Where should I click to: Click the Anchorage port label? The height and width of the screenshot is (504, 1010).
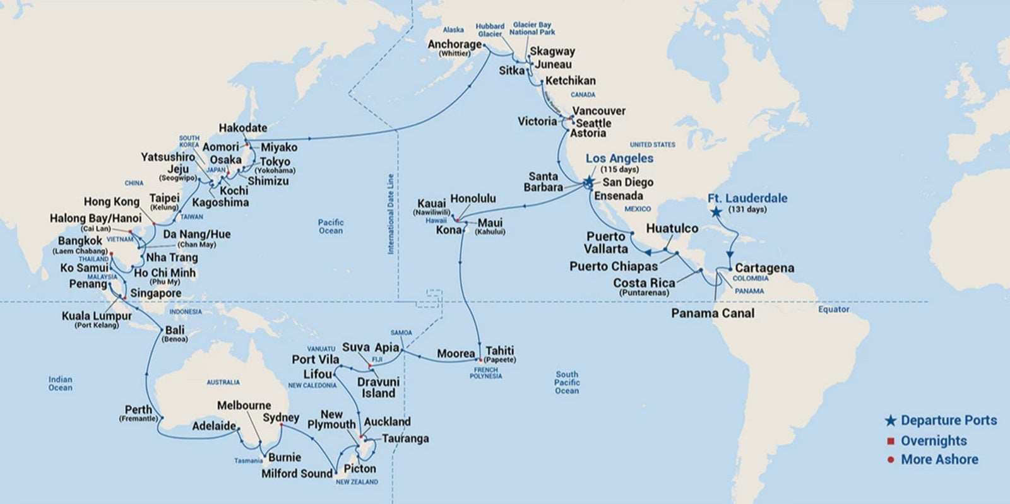click(454, 44)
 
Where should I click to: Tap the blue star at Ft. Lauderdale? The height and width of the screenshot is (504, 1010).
click(715, 213)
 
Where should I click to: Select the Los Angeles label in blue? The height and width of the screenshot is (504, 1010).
click(619, 158)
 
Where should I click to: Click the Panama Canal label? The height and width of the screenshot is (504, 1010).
click(712, 313)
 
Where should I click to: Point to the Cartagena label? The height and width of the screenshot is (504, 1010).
click(764, 268)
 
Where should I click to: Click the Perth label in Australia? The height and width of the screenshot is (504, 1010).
click(138, 409)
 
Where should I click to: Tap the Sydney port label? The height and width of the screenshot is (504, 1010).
click(281, 418)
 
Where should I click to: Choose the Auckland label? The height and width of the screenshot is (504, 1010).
click(387, 421)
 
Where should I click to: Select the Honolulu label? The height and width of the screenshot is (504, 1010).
click(473, 199)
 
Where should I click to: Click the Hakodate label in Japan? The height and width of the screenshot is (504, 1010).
click(242, 128)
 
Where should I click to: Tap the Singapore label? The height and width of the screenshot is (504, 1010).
click(156, 293)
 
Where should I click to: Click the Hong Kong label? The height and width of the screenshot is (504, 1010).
click(111, 202)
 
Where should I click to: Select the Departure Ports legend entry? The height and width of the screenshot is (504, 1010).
click(948, 421)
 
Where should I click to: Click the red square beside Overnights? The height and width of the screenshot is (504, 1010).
click(891, 441)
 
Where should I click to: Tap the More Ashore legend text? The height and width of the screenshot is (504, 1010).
click(939, 460)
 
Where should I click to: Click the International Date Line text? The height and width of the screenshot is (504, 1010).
click(391, 214)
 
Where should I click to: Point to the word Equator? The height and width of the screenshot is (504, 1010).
click(833, 310)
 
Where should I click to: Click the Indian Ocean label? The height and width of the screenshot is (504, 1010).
click(61, 384)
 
